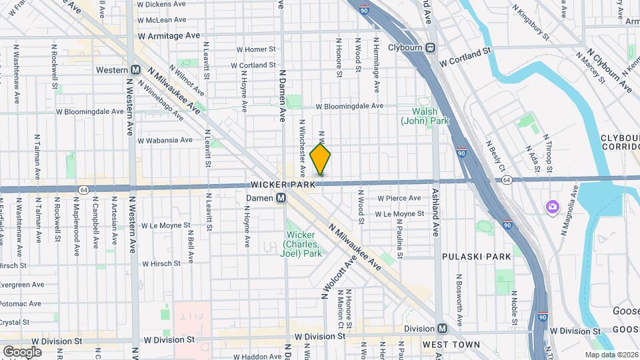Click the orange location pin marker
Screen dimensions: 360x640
pos(321,159)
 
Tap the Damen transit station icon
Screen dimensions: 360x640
pos(281,198)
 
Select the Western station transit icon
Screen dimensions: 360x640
pos(135,70)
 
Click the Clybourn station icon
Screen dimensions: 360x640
pos(431,47)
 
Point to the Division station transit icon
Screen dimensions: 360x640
pos(443,329)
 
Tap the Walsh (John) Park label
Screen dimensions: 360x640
pos(425,116)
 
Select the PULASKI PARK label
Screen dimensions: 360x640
pos(475,256)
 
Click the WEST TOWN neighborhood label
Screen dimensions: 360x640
pos(451,345)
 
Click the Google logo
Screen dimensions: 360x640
pos(23,351)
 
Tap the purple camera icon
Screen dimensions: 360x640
pos(553,206)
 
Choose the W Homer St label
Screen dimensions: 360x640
pos(256,49)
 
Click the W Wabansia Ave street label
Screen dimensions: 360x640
pos(165,140)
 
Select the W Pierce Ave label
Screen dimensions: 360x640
pos(399,198)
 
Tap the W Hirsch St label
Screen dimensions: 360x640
pos(161,263)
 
